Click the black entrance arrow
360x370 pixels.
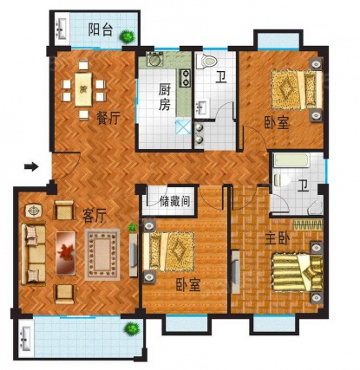(31, 166)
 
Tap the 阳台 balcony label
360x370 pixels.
(100, 29)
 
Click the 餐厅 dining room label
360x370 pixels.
(108, 118)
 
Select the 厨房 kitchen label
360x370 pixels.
(164, 98)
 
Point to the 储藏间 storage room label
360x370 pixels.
(175, 201)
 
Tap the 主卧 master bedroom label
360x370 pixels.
(278, 239)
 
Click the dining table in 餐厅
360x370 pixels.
(83, 89)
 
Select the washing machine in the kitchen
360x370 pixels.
(154, 59)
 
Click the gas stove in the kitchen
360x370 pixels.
(185, 78)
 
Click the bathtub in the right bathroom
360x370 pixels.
(291, 160)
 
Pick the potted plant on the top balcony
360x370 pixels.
(127, 36)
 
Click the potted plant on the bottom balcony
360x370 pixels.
(132, 328)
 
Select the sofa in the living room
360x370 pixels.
(34, 253)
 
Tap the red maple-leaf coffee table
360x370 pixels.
(66, 253)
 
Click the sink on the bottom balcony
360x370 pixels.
(25, 337)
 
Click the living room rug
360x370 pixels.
(102, 254)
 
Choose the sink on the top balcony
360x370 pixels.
(62, 28)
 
